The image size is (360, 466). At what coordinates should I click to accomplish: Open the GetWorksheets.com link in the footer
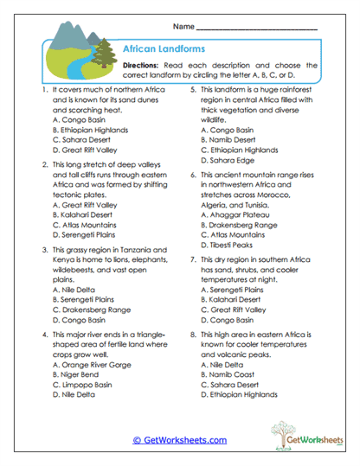[179, 439]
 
